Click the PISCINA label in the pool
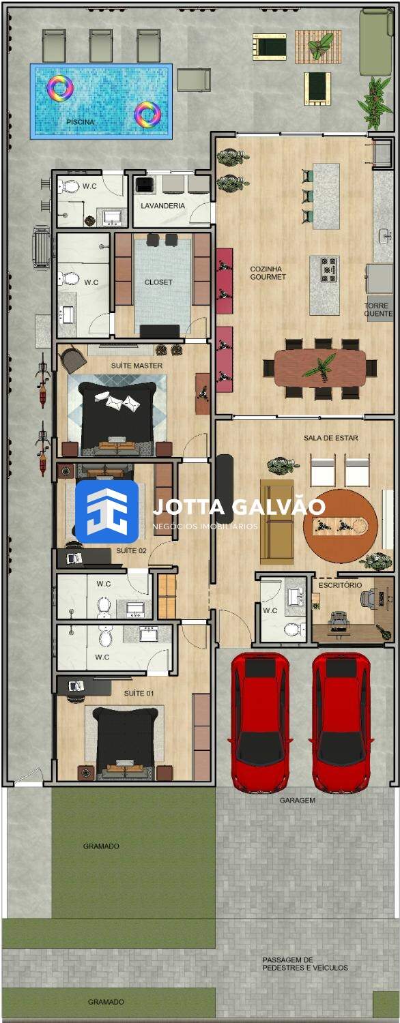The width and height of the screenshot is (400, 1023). pos(81,122)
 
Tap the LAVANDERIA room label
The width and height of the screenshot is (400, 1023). pos(162,206)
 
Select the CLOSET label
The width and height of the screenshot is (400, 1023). pos(158,282)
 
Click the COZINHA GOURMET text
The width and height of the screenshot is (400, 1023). pos(268,273)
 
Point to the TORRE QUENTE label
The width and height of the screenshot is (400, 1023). pos(378,310)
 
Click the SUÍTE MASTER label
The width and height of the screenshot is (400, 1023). pos(137,366)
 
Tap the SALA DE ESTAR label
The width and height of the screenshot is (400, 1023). pos(331,438)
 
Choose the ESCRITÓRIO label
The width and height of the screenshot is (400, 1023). pos(340,585)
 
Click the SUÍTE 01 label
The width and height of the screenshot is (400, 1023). pos(139,694)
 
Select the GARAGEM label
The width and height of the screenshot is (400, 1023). pos(297,800)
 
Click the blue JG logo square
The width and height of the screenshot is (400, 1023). pos(106,512)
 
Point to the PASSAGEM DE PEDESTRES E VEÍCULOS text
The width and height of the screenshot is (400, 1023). pos(305,964)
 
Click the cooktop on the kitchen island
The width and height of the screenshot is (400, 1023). pos(328,269)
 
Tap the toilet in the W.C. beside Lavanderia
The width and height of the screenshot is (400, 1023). pos(70,186)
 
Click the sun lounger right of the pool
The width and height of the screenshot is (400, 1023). pos(194,80)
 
